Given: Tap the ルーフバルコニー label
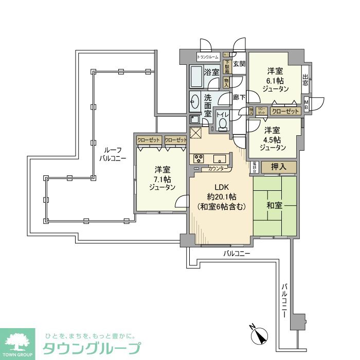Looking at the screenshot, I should click(113, 154).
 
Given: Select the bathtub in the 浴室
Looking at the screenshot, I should click(196, 77).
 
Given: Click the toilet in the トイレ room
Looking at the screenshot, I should click(223, 124).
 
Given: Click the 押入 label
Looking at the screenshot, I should click(279, 167).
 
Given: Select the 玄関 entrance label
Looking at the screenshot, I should click(239, 64).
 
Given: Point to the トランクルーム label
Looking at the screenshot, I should click(208, 57).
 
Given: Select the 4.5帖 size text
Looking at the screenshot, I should click(272, 139).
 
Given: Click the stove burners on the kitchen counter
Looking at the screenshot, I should click(198, 159).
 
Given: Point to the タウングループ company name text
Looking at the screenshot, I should click(91, 348).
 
